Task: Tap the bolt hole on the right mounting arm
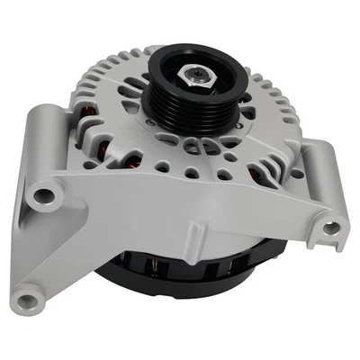click(331, 227)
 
